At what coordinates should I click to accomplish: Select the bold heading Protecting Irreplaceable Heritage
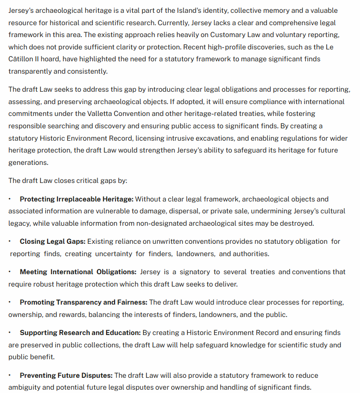tap(77, 199)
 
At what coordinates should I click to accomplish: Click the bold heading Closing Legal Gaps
tap(52, 241)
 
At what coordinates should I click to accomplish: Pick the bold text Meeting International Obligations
tap(78, 272)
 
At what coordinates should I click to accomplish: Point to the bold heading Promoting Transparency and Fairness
tap(83, 302)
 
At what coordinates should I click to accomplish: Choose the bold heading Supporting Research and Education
tap(80, 333)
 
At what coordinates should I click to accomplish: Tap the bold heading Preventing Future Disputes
tap(66, 375)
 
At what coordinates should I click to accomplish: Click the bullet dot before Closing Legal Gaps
tap(10, 241)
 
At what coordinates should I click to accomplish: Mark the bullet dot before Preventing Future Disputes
tap(10, 375)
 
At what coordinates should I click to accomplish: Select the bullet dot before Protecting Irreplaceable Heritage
tap(10, 199)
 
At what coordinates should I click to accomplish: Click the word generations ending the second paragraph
tap(28, 162)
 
